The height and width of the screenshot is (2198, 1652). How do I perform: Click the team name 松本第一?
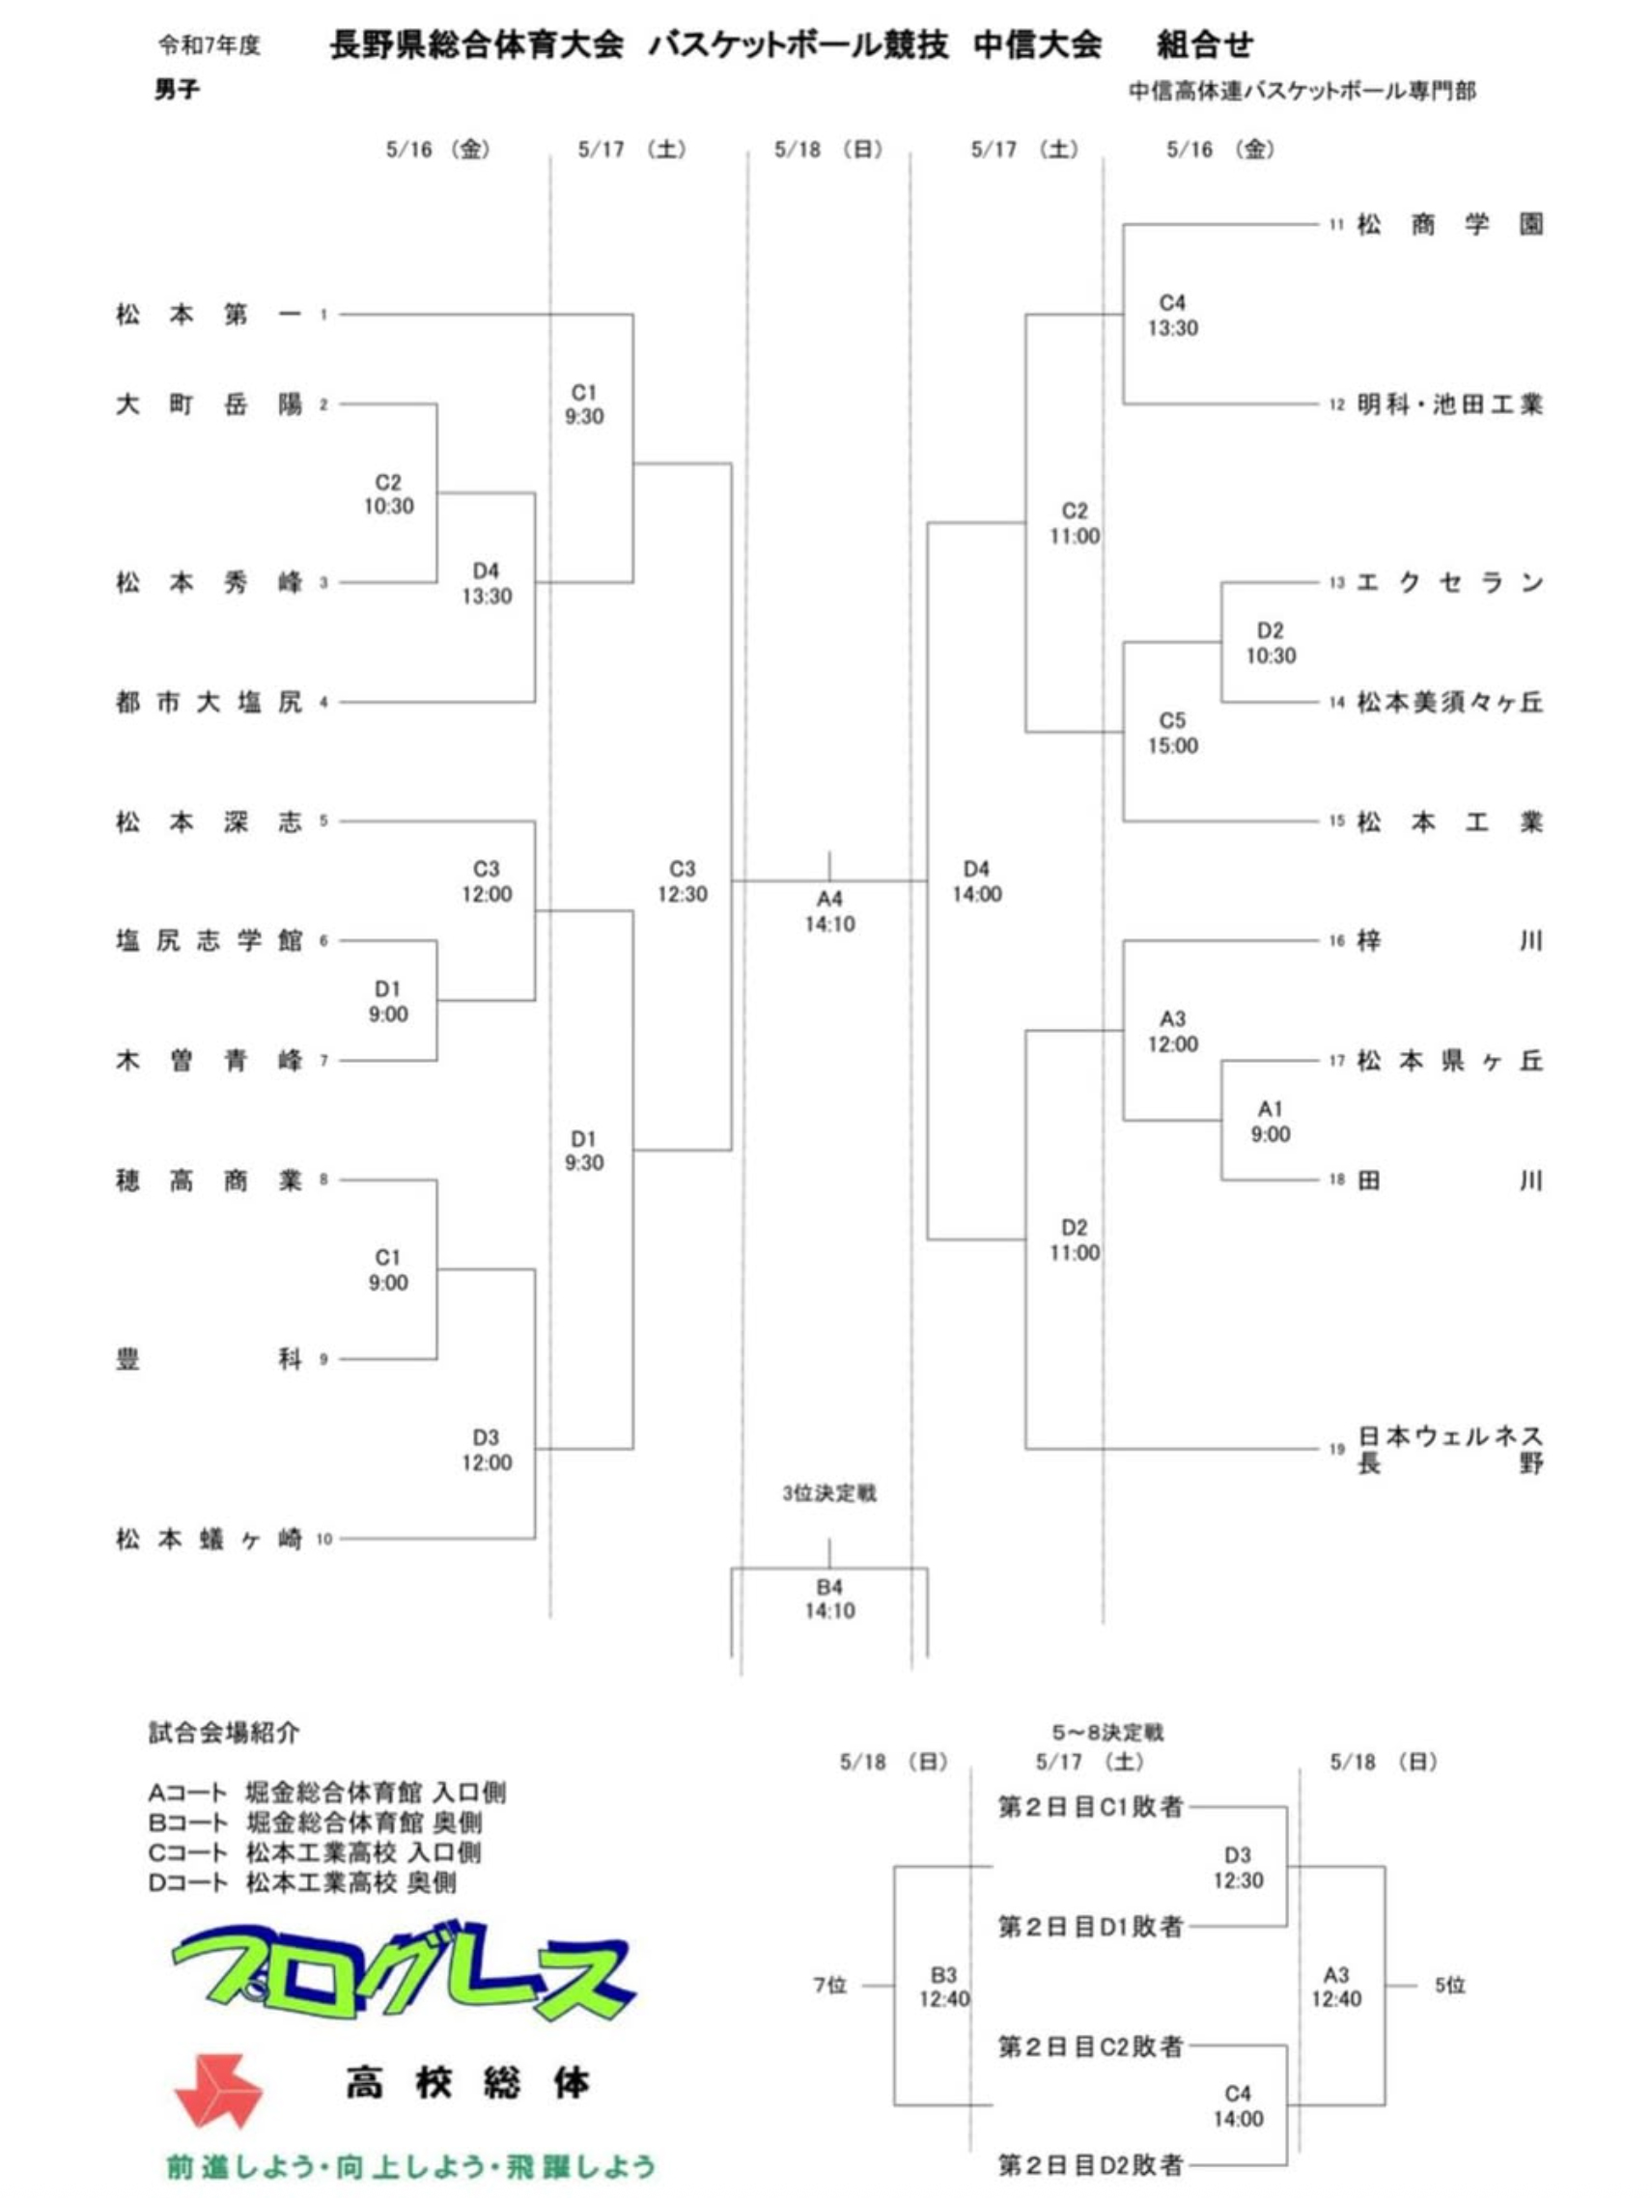point(208,315)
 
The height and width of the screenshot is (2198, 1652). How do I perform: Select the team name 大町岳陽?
point(208,404)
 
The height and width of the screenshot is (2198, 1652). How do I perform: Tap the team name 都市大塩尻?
point(208,703)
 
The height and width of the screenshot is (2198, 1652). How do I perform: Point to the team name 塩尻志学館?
point(208,941)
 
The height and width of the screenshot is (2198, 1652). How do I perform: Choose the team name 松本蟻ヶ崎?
point(208,1540)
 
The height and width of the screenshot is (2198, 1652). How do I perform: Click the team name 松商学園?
point(1450,225)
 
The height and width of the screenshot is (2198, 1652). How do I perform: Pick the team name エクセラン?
point(1450,583)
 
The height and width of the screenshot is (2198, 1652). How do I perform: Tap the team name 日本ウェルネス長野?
point(1450,1450)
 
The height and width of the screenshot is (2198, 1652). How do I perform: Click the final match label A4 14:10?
point(830,911)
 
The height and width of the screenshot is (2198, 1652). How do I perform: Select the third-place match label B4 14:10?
point(830,1598)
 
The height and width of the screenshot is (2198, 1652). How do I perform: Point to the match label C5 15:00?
point(1173,734)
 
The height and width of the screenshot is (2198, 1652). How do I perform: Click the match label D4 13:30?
point(486,583)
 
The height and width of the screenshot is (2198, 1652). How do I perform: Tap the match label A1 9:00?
point(1271,1121)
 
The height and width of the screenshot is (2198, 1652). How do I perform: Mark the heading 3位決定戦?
point(829,1493)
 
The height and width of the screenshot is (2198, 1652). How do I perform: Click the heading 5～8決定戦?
point(1107,1733)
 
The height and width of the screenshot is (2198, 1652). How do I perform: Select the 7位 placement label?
point(830,1986)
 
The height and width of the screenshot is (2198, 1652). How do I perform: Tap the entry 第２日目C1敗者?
point(1090,1806)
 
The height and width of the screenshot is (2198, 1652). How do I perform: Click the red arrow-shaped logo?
point(217,2091)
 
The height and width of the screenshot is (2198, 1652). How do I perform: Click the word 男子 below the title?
point(177,91)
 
